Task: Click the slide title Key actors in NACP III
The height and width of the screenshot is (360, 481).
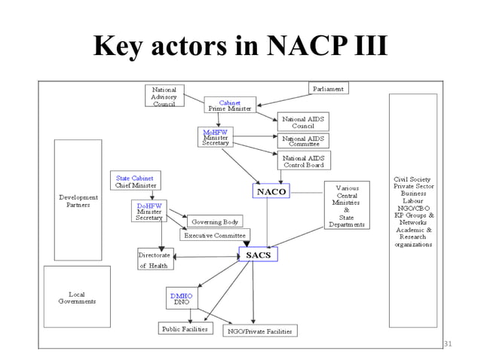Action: [240, 46]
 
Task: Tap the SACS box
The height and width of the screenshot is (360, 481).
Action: [258, 255]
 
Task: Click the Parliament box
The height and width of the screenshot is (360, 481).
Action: [329, 89]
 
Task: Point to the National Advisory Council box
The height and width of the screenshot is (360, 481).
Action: [164, 96]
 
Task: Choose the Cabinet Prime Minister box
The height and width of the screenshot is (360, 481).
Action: [229, 105]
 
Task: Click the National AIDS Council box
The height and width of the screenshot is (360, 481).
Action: [302, 122]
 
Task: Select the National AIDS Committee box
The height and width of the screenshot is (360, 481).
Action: [302, 141]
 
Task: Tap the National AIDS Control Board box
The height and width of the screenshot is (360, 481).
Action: [303, 160]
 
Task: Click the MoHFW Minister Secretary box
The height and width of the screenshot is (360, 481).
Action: [216, 136]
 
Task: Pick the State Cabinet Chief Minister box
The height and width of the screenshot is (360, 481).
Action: [136, 181]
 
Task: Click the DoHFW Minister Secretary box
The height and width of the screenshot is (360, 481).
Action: [149, 210]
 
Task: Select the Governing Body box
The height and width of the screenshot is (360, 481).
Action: [215, 222]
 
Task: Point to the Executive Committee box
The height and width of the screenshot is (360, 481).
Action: [214, 235]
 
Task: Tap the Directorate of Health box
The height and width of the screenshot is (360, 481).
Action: [155, 259]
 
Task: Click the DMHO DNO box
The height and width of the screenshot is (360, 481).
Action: [182, 298]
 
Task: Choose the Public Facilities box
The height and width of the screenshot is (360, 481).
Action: [185, 328]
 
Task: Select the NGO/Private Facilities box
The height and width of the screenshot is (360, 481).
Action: [259, 330]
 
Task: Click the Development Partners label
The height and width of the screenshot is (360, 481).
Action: [77, 200]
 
